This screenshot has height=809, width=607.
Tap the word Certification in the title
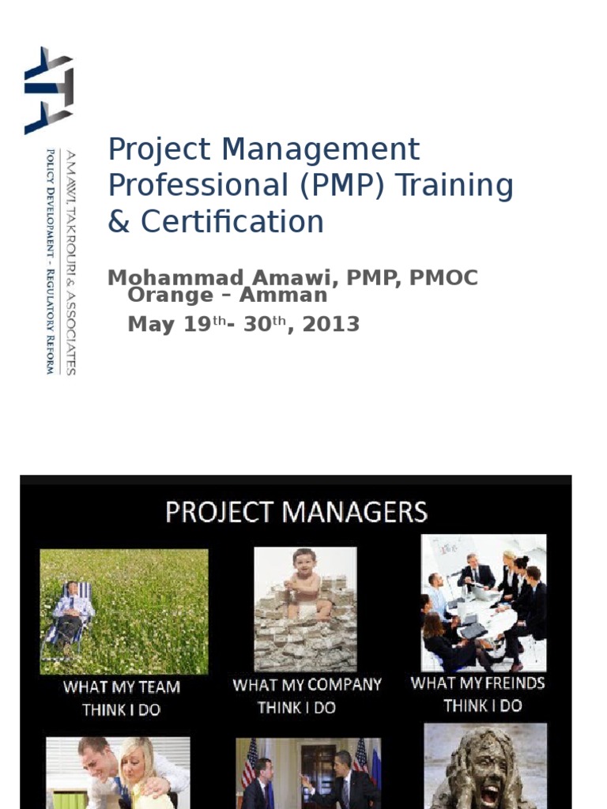click(x=232, y=222)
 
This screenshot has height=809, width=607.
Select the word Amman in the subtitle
click(x=286, y=295)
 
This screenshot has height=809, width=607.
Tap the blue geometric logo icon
click(x=48, y=90)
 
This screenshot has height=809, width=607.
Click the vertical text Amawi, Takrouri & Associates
click(x=70, y=262)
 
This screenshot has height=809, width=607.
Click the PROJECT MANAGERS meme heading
click(x=296, y=512)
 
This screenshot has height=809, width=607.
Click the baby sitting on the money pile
click(x=305, y=581)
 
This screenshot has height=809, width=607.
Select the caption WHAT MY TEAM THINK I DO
click(x=122, y=698)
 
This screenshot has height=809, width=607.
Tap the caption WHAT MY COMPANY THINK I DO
click(x=307, y=695)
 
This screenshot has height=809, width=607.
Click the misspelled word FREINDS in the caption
click(x=505, y=683)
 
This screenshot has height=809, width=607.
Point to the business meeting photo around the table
click(x=483, y=602)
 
